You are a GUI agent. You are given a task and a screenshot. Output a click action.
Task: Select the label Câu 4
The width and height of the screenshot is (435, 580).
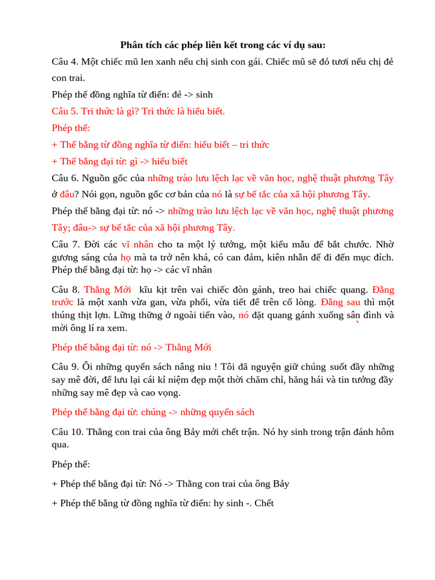point(64,61)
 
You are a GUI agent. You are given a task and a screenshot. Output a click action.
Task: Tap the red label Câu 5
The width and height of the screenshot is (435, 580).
point(64,111)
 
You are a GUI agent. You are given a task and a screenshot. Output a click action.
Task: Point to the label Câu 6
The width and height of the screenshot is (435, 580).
point(64,178)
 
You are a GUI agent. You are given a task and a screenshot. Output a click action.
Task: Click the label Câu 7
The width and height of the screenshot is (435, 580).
point(65,245)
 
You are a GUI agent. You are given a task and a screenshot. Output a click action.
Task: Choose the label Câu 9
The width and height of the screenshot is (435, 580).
point(64,366)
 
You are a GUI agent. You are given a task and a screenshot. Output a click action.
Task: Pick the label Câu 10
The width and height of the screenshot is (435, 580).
point(66,432)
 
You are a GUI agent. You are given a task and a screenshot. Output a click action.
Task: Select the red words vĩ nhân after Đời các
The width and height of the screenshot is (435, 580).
point(138,245)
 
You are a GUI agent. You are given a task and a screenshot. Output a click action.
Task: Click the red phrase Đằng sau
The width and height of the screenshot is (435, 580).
point(340,302)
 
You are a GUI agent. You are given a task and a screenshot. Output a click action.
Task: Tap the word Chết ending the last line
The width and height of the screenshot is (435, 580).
point(263,503)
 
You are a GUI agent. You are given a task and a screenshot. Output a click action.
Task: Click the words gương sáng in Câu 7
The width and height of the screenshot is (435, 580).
point(81,257)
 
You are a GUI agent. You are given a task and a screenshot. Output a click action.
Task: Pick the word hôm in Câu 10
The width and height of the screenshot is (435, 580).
point(384,432)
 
